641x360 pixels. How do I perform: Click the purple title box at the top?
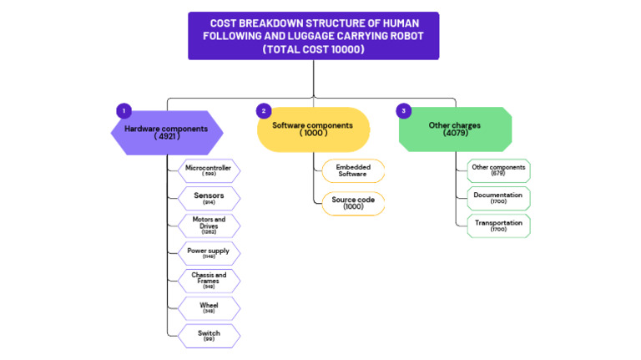coord(313,35)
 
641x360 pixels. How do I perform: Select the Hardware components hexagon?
coord(167,133)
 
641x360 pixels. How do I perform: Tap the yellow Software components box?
coord(313,129)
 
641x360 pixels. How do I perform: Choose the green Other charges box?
coord(455,129)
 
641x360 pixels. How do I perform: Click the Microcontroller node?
coord(209,171)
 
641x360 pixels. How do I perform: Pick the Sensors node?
coord(209,198)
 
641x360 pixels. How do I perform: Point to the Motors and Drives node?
coord(209,226)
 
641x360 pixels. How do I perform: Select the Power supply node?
coord(209,253)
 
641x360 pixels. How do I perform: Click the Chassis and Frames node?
coord(209,281)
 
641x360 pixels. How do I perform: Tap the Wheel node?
coord(209,308)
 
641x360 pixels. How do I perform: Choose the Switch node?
coord(209,336)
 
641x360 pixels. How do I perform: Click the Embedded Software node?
coord(353,170)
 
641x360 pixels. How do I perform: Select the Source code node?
coord(353,203)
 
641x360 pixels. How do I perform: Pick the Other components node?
coord(498,170)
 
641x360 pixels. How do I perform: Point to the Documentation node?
coord(498,198)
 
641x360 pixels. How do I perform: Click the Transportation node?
coord(498,226)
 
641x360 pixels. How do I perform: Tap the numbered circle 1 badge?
coord(124,110)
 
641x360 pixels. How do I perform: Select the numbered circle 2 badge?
coord(264,110)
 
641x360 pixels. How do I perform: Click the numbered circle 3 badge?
coord(404,110)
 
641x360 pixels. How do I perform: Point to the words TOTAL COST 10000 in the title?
coord(313,49)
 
